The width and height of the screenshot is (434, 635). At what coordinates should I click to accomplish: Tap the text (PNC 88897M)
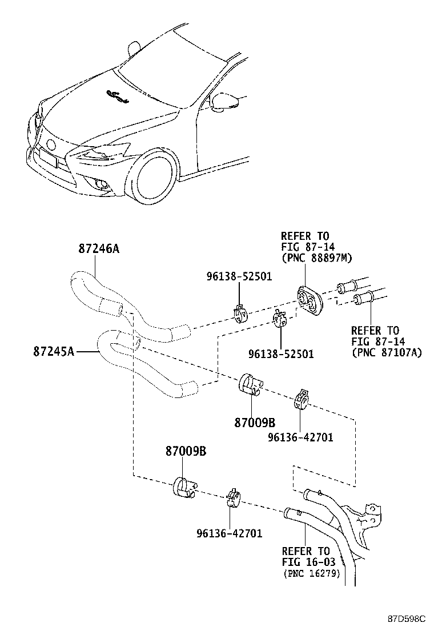(316, 258)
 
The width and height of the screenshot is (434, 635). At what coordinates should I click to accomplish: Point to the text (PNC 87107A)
(386, 352)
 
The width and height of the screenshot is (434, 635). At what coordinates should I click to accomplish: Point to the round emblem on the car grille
(51, 144)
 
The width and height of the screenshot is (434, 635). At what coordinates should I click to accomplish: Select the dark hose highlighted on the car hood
(117, 97)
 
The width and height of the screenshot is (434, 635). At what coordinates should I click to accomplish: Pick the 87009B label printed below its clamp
(255, 423)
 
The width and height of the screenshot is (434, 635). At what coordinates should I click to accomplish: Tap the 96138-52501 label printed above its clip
(239, 276)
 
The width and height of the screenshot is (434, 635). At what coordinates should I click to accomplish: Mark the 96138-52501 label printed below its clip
(281, 354)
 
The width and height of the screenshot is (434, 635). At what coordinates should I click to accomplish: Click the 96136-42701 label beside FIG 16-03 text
(229, 533)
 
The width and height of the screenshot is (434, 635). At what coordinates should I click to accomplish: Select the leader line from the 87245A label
(87, 352)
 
